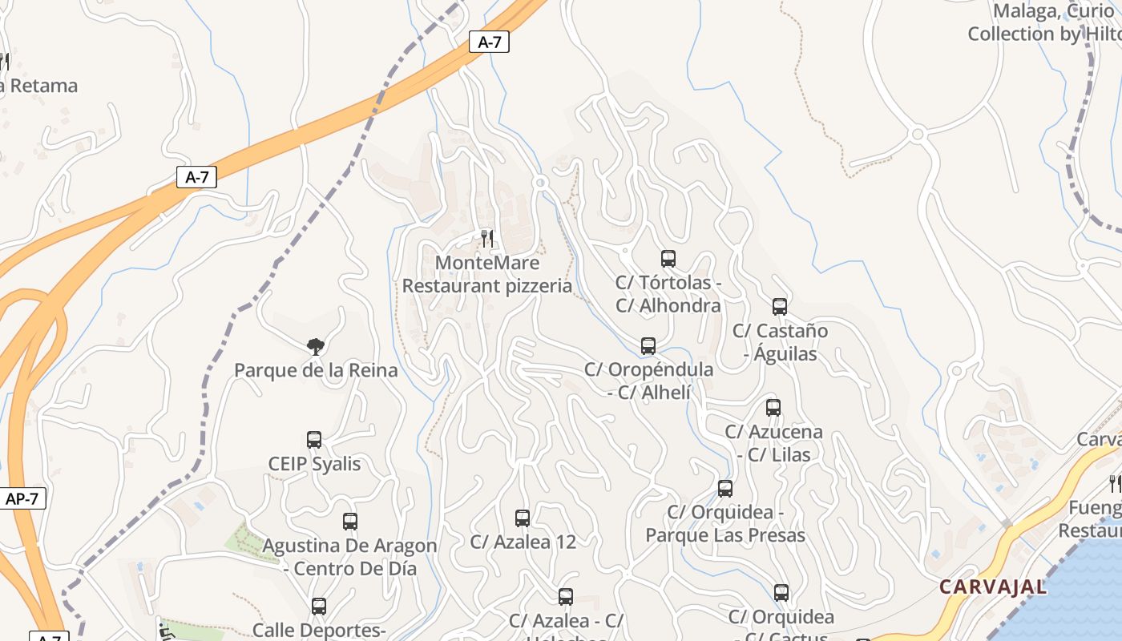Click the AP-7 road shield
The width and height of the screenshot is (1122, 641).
tap(22, 498)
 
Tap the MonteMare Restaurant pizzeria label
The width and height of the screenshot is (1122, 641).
tap(487, 274)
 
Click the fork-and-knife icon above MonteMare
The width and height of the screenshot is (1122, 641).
tap(487, 238)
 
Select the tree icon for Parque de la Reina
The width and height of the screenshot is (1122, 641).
tap(316, 346)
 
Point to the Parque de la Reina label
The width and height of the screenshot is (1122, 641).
tap(316, 370)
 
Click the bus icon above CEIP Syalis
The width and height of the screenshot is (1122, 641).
tap(314, 440)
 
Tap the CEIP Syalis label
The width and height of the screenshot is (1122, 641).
tap(314, 464)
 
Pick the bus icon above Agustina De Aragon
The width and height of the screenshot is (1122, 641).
tap(350, 522)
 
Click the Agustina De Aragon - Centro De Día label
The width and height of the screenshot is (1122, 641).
tap(350, 557)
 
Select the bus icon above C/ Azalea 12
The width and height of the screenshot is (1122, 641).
tap(523, 518)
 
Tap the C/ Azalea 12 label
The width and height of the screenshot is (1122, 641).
tap(523, 542)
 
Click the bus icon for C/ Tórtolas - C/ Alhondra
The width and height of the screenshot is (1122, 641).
tap(668, 259)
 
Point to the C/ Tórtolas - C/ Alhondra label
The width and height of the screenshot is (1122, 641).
tap(668, 294)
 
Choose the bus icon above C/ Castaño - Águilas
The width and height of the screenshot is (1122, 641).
tap(780, 307)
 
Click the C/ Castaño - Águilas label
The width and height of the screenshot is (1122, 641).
tap(780, 341)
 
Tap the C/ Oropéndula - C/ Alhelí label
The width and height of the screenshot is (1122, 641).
tap(648, 381)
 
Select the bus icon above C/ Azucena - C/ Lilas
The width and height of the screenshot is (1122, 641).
tap(773, 408)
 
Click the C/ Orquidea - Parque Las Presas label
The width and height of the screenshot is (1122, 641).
tap(725, 523)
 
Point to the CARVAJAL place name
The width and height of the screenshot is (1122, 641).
tap(993, 587)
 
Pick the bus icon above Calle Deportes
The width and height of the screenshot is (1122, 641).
tap(319, 607)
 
